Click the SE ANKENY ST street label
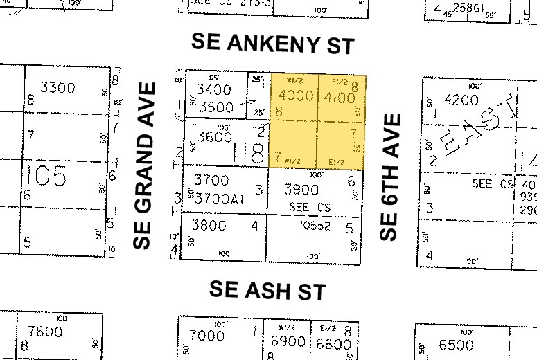(x=272, y=44)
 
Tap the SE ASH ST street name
(x=268, y=290)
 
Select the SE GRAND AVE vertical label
(x=143, y=165)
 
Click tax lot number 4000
(x=295, y=96)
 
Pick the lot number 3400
(x=213, y=90)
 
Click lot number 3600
(x=213, y=137)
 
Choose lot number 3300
(x=58, y=88)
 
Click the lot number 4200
(x=461, y=100)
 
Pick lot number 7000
(x=207, y=336)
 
